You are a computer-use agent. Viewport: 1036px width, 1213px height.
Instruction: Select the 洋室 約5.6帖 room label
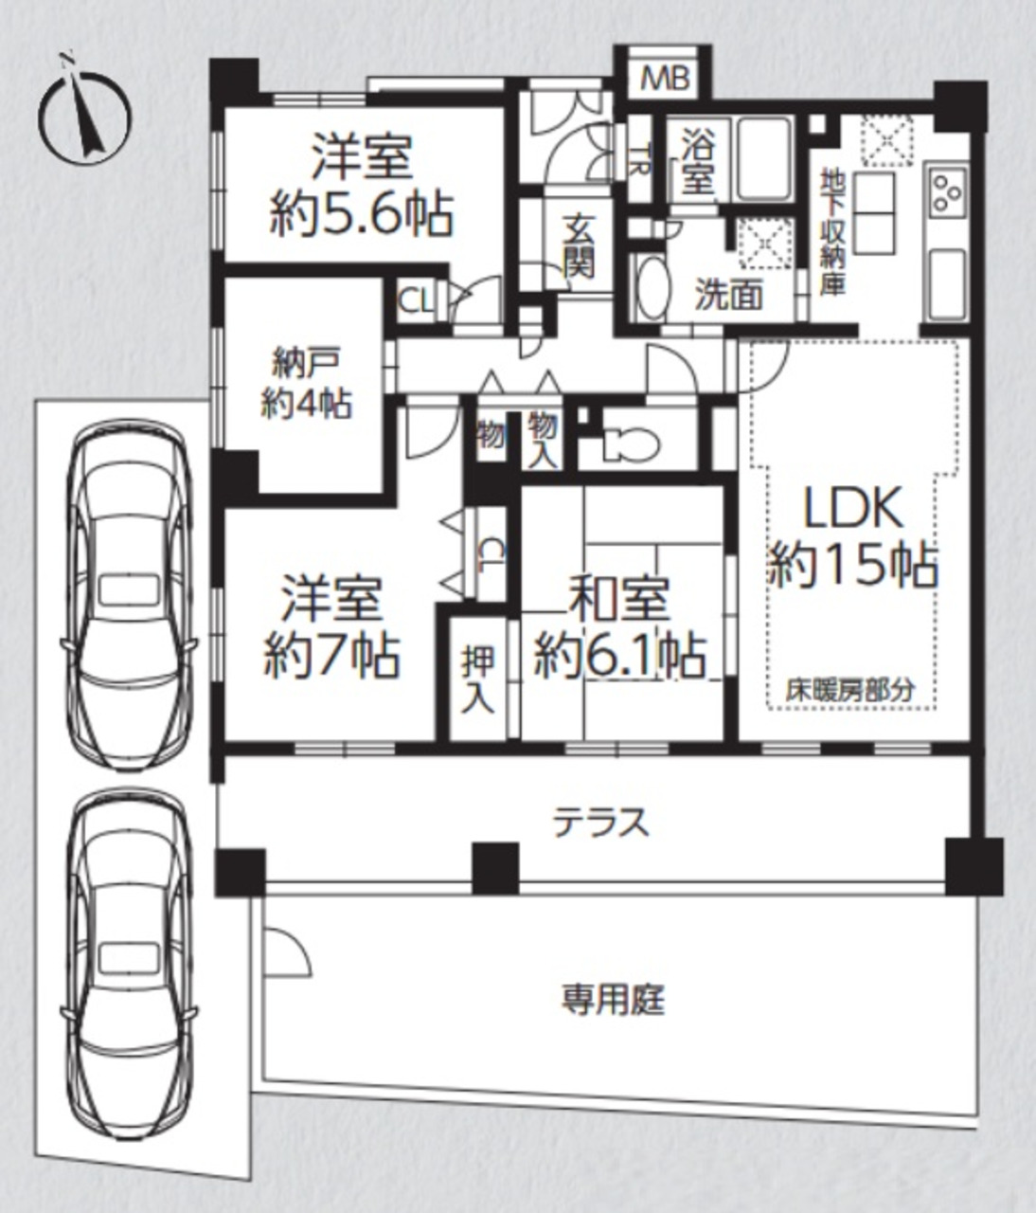point(362,184)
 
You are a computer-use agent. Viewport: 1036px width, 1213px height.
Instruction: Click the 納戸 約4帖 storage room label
point(306,385)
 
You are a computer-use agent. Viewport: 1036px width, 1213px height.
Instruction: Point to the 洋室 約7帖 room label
point(332,627)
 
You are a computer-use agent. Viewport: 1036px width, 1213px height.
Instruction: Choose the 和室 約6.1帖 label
point(620,627)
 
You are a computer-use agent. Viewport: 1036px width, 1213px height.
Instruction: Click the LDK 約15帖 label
point(853,538)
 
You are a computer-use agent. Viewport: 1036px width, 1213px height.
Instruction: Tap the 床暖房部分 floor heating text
point(850,691)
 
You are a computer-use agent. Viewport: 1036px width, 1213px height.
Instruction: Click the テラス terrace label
point(601,823)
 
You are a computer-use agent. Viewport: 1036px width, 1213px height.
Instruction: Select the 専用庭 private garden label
point(614,1001)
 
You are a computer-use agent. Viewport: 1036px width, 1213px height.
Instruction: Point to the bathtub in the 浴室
point(765,157)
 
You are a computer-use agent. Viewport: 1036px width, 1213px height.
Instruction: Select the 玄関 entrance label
point(580,246)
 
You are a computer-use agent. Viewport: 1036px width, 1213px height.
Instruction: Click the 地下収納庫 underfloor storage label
point(831,232)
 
